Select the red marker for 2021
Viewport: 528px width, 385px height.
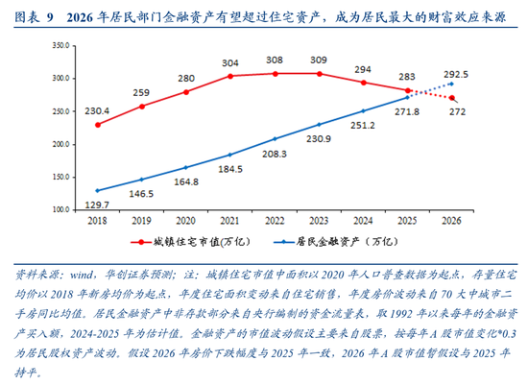[229, 77]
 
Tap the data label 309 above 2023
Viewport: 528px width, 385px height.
[318, 60]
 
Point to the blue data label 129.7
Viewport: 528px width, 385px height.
[96, 205]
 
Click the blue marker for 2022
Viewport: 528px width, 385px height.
[274, 139]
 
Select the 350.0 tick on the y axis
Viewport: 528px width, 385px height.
[60, 45]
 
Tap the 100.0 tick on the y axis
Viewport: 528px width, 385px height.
[60, 209]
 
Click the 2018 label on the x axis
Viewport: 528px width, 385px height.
[97, 221]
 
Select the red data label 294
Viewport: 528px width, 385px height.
[363, 70]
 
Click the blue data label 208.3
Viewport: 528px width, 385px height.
[275, 155]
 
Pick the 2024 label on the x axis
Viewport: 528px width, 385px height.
[363, 221]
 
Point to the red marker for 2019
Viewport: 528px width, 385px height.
[141, 106]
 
